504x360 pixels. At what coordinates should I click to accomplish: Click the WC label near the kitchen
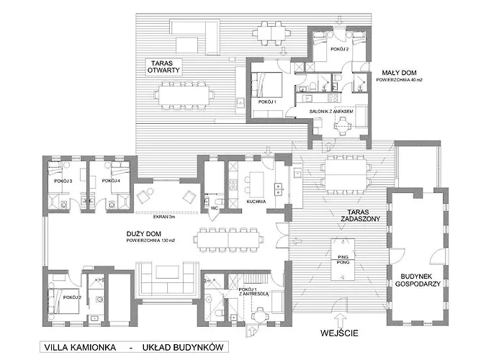point(215,208)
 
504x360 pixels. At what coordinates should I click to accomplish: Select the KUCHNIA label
point(256,202)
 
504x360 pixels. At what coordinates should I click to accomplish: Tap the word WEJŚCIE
point(339,333)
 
